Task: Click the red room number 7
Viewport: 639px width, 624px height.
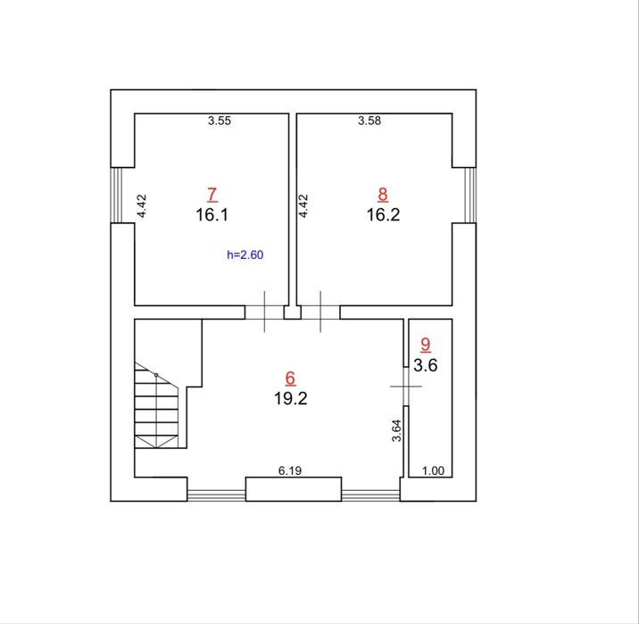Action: pos(212,195)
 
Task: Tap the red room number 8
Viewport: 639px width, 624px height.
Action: pos(383,195)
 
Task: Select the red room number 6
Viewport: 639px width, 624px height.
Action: pos(290,379)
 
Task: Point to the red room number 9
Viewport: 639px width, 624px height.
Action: pos(426,345)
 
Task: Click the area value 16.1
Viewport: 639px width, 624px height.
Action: pos(212,215)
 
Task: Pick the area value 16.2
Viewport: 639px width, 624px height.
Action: pos(383,215)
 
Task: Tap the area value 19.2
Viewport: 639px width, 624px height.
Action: pos(291,398)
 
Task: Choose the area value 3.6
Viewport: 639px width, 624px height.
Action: pos(426,365)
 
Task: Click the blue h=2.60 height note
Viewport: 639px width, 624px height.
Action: pos(245,254)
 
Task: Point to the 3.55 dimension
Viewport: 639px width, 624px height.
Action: pos(220,121)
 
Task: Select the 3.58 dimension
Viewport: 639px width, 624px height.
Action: pos(369,121)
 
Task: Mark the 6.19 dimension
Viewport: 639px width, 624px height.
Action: pos(290,470)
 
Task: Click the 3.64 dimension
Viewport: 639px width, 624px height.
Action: pos(396,430)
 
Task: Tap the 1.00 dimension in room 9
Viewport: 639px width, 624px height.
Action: pos(433,470)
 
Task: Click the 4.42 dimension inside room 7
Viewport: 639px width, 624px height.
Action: pos(142,206)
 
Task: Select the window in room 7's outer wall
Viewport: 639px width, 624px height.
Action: pos(117,196)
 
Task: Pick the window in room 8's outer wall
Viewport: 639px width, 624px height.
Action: pos(470,196)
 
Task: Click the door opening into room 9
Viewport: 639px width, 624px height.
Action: pos(406,387)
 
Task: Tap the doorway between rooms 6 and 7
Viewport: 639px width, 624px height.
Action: pos(264,312)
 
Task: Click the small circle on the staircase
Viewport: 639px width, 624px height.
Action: pos(156,375)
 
